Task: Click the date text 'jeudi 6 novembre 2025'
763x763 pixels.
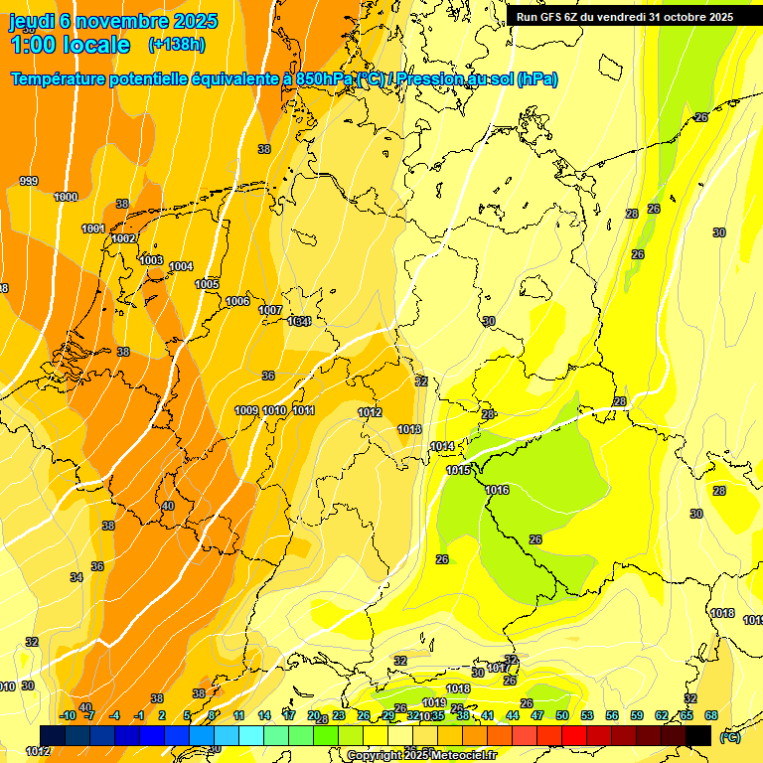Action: pos(104,21)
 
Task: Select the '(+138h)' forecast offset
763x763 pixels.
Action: pos(176,45)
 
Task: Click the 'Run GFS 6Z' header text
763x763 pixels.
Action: pos(556,16)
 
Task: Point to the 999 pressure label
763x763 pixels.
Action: pos(29,181)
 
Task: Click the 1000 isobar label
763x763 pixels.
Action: pos(66,197)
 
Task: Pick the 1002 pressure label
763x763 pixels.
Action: pos(123,238)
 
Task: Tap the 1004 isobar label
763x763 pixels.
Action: pos(181,266)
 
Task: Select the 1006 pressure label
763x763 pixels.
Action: pos(237,301)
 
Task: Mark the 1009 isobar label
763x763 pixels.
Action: pos(246,410)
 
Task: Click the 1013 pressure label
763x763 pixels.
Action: pos(409,429)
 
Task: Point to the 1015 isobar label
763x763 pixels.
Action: pos(458,470)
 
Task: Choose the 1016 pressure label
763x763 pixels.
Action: pos(497,490)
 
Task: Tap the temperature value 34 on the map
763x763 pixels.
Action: pos(76,577)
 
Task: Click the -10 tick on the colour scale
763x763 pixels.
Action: pos(69,715)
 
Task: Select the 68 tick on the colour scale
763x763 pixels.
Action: pos(711,715)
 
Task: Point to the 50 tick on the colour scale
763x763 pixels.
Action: pos(562,715)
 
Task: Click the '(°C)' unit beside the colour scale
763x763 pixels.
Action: pos(729,736)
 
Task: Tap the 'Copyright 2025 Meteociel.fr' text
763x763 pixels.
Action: pos(421,756)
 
